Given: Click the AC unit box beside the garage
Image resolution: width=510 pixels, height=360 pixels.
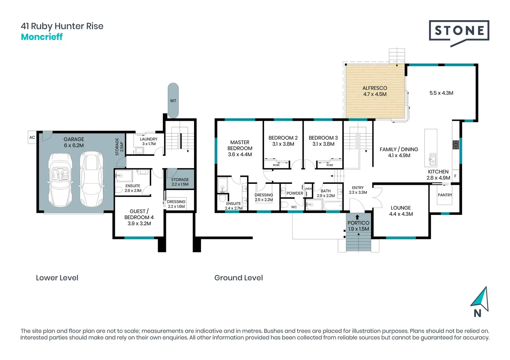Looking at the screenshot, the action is (32, 137).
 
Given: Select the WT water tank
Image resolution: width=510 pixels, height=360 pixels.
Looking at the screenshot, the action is (173, 100).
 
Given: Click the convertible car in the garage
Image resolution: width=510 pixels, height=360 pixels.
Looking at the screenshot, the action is (60, 180).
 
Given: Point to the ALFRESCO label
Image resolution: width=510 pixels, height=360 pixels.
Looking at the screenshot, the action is (375, 88).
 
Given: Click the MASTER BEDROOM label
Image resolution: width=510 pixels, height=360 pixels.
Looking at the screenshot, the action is (240, 145).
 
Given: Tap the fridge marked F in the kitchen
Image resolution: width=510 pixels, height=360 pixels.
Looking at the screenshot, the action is (455, 176).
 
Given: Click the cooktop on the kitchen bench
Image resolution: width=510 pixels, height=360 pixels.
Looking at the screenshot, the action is (456, 145).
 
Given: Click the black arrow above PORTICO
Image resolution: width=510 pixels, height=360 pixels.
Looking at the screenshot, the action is (357, 217).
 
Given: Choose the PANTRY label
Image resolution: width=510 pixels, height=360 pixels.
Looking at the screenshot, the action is (445, 195).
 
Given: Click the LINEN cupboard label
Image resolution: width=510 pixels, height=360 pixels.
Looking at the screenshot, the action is (308, 189).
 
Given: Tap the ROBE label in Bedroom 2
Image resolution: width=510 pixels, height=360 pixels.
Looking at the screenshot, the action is (276, 165).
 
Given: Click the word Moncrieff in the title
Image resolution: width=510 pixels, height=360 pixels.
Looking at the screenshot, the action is (42, 37).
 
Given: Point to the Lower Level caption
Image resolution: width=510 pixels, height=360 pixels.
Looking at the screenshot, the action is (57, 278).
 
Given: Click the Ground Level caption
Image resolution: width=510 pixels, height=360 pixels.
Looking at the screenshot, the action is (239, 278).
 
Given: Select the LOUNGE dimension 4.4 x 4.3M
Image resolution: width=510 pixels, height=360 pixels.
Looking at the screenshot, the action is (401, 214).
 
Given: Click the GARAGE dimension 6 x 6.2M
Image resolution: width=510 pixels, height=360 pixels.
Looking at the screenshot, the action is (74, 145).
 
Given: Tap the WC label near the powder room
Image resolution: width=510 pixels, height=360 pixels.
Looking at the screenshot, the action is (294, 207).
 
